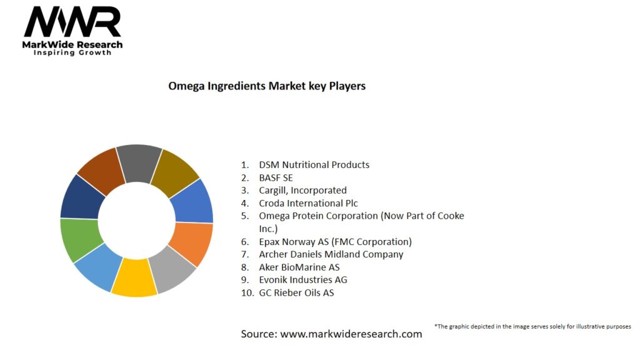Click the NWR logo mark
72,23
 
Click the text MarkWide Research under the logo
72,45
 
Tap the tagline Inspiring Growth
72,53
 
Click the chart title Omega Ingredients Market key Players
267,86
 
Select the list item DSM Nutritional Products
314,165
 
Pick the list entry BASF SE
276,177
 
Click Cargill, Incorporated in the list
302,190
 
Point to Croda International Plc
308,203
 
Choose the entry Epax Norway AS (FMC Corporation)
335,241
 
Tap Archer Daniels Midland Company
331,254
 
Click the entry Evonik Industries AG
303,279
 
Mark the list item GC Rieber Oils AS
296,292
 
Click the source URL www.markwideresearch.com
351,334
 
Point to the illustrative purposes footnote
532,326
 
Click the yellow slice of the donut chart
134,277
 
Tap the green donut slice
79,239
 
